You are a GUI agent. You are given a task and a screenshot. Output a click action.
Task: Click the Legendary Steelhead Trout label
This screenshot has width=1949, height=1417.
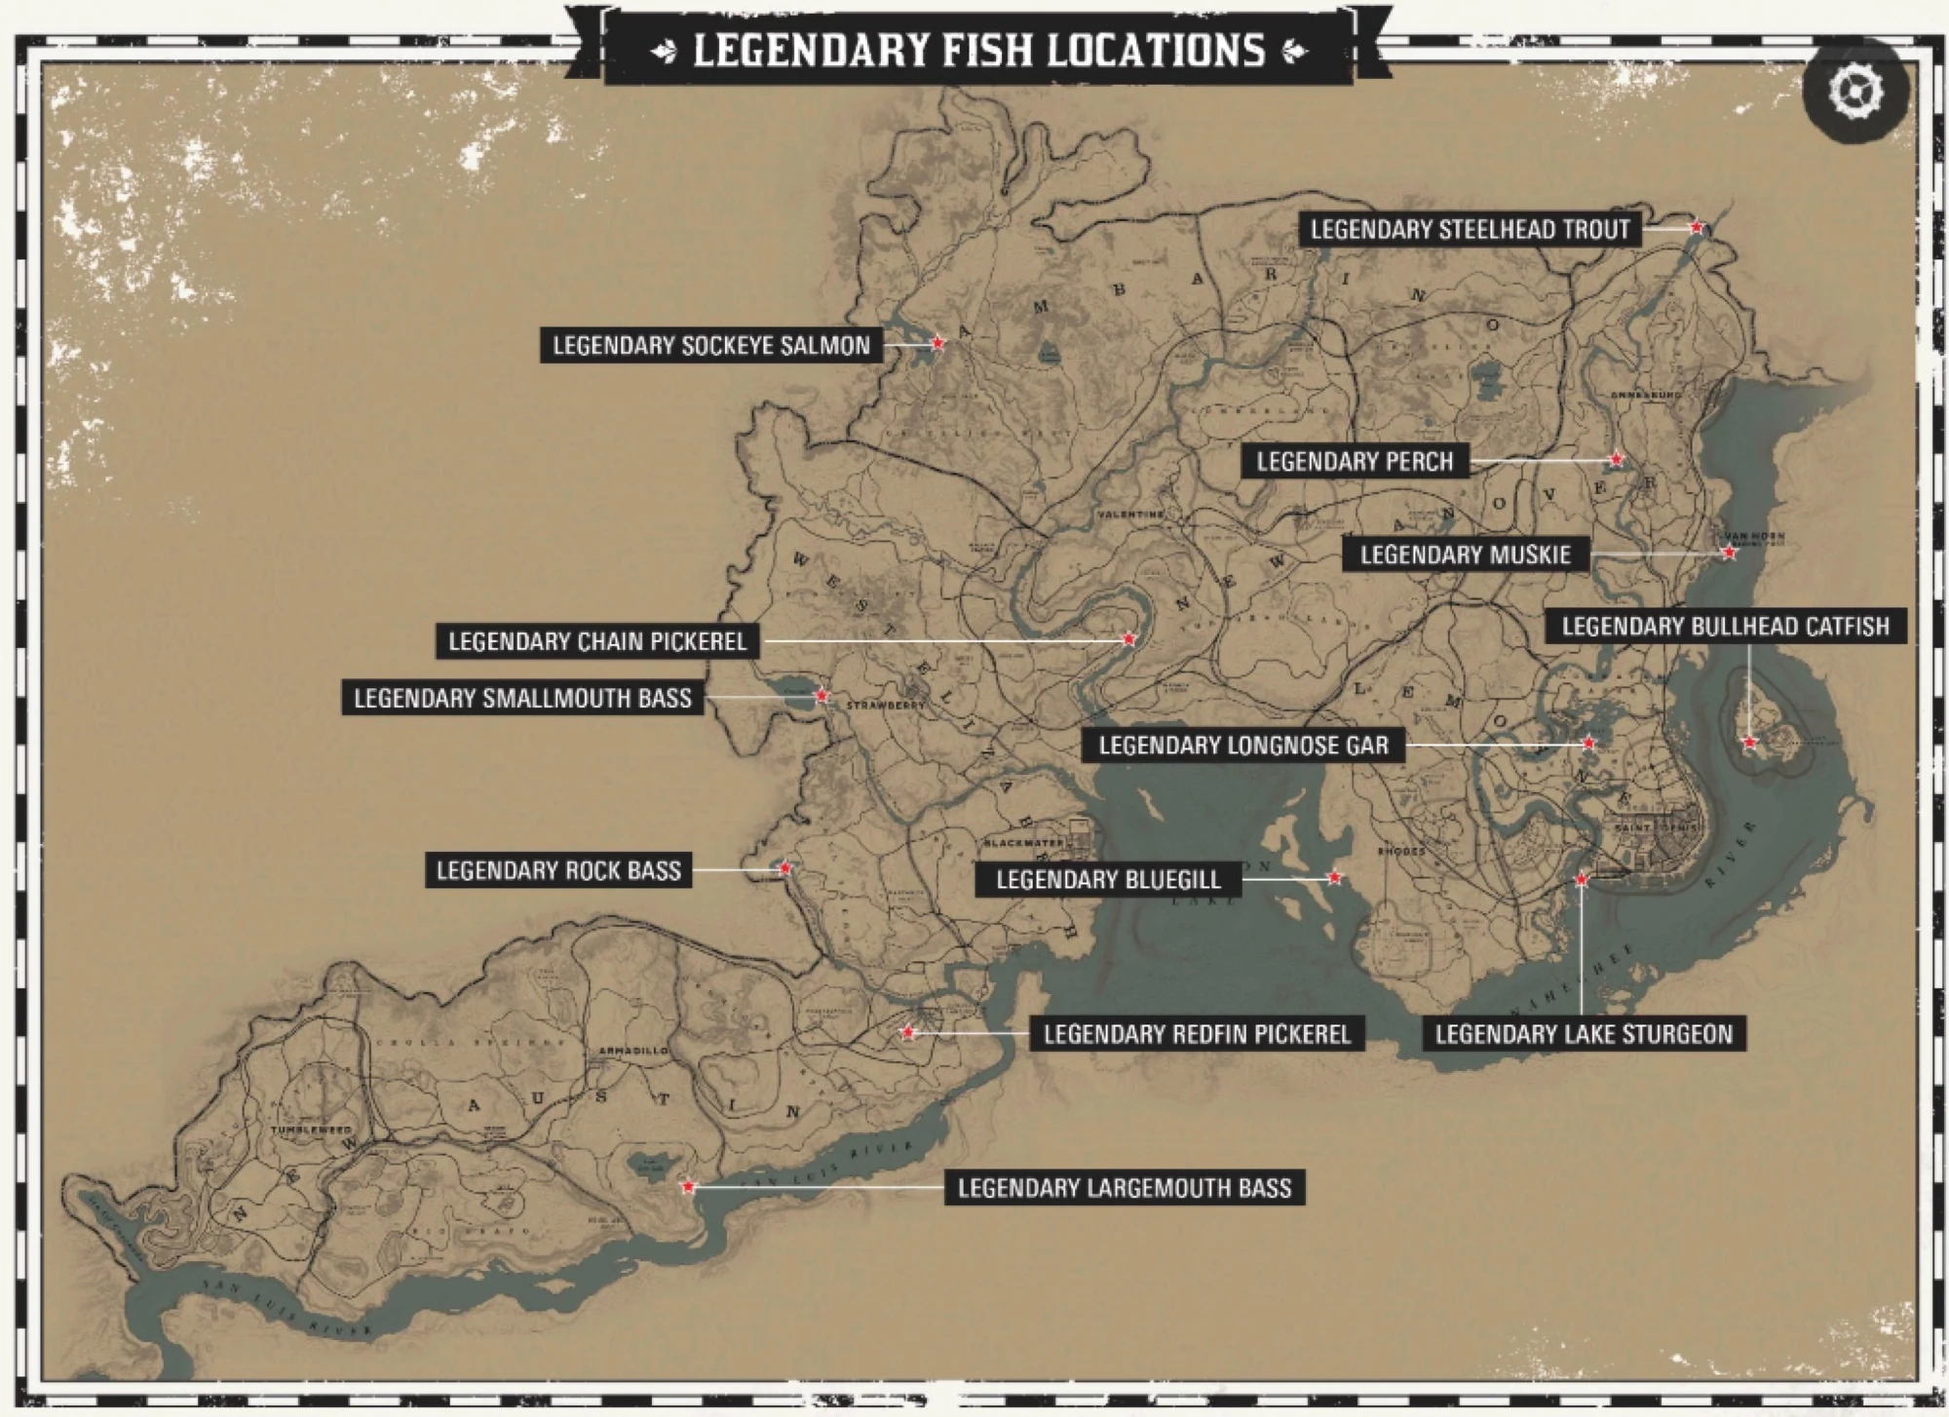(1470, 230)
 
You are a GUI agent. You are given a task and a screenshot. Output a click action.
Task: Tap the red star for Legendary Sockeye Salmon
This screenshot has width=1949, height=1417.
(937, 343)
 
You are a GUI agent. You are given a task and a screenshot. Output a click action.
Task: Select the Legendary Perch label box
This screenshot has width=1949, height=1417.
(1354, 461)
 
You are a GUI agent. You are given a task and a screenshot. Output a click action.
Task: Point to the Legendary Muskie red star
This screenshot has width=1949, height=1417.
(1729, 553)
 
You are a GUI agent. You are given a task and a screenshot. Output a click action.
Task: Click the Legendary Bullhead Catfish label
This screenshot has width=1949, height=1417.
(1725, 626)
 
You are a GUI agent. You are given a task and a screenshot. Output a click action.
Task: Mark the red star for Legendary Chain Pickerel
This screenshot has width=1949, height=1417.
(1128, 640)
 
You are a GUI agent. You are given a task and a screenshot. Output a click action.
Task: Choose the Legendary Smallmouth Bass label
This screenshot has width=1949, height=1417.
(522, 698)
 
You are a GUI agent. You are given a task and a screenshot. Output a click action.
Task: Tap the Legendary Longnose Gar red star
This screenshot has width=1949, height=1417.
(1588, 744)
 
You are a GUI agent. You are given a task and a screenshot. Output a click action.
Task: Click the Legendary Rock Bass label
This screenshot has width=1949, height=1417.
(558, 870)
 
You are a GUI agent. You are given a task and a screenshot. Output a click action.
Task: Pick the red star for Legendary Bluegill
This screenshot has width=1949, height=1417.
(1335, 878)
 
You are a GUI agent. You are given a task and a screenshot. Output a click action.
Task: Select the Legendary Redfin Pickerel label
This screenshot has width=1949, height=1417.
(1197, 1033)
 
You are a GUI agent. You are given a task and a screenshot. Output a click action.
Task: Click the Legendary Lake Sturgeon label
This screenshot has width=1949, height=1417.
(1584, 1034)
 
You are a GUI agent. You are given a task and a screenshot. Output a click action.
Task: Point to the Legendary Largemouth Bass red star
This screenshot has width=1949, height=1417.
(688, 1187)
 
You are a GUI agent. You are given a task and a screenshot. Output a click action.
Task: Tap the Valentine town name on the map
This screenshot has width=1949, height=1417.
(1130, 514)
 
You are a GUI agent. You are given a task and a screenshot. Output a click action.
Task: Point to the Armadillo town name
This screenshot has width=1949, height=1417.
(634, 1052)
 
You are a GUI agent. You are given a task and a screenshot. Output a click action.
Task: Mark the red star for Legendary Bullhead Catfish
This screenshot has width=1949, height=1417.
(1749, 743)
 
